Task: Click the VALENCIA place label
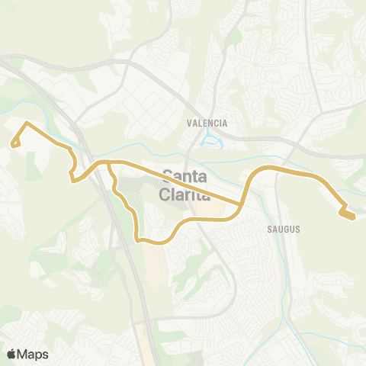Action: coord(207,122)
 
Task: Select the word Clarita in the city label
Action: coord(183,194)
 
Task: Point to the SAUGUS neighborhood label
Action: coord(284,228)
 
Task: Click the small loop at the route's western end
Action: coord(14,143)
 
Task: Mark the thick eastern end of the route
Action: coord(348,215)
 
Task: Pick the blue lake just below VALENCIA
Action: coord(207,140)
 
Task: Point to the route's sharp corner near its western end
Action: coord(27,123)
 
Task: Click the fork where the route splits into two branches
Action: coord(110,163)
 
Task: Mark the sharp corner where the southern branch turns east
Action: coord(139,240)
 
